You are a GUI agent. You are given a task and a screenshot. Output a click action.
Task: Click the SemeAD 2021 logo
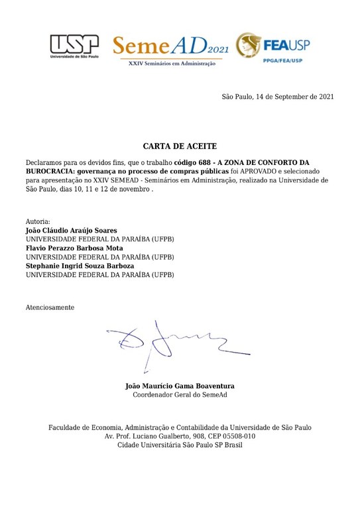(167, 45)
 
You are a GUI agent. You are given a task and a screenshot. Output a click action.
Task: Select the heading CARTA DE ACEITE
(180, 146)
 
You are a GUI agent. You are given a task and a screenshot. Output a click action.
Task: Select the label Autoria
(38, 221)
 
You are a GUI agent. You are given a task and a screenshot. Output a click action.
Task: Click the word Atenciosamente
(50, 308)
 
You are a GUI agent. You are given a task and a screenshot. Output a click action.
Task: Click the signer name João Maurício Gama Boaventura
(180, 386)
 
